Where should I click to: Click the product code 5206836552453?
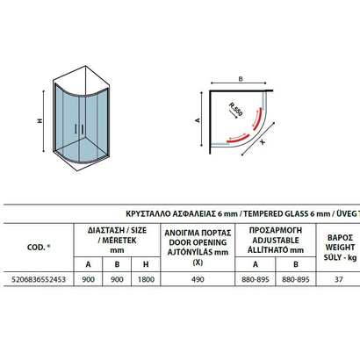(39, 279)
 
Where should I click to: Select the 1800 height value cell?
(146, 279)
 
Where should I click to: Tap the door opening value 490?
(198, 279)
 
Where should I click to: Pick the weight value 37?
(339, 279)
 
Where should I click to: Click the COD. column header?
(39, 248)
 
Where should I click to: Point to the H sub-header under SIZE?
(146, 264)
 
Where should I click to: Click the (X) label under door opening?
(198, 263)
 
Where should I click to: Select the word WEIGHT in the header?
(340, 248)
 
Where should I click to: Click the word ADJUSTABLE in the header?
(276, 241)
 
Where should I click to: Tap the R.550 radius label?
(235, 109)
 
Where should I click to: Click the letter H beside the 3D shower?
(40, 120)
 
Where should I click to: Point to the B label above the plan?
(241, 79)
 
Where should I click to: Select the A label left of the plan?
(198, 120)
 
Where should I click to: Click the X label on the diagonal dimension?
(263, 142)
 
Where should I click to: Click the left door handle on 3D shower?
(76, 129)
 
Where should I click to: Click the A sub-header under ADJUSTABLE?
(256, 264)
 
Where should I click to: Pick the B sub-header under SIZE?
(117, 264)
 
